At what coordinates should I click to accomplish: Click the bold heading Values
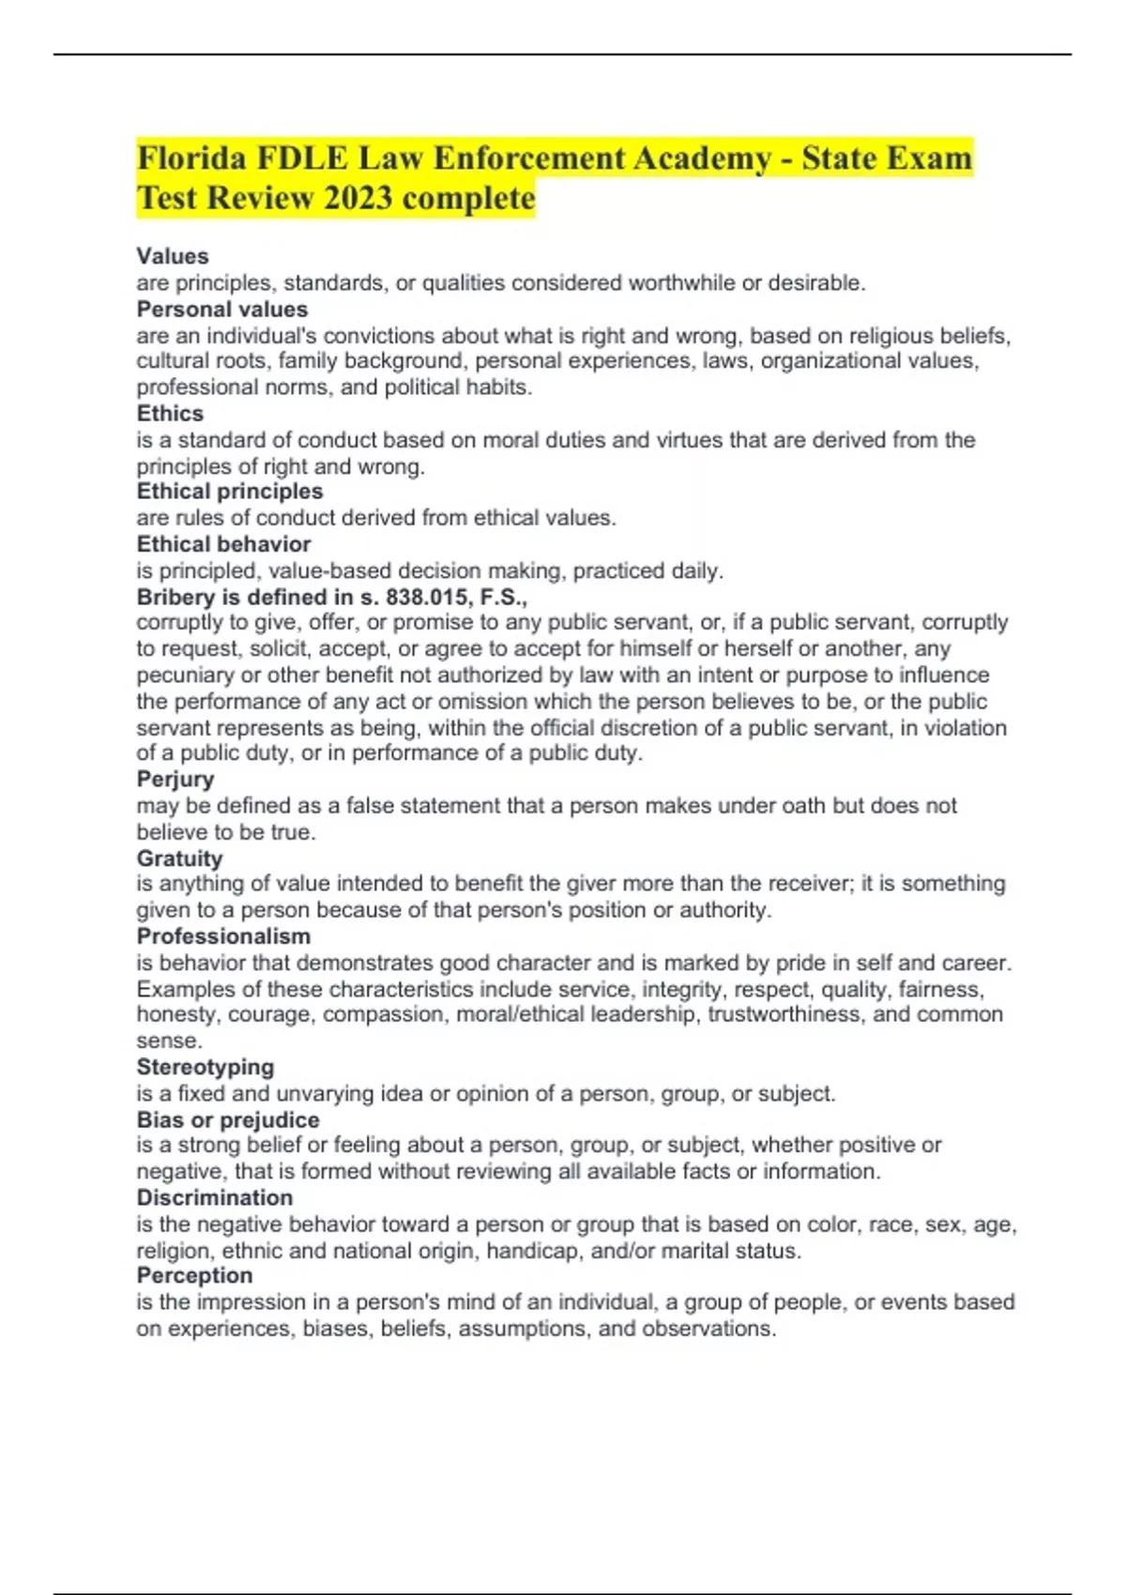pyautogui.click(x=173, y=256)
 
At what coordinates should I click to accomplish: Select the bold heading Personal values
pyautogui.click(x=222, y=309)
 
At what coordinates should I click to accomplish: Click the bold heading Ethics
pyautogui.click(x=170, y=413)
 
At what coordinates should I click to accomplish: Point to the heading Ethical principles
pyautogui.click(x=230, y=491)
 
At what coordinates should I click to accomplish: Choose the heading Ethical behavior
pyautogui.click(x=223, y=544)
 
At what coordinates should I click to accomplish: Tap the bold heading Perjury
pyautogui.click(x=175, y=779)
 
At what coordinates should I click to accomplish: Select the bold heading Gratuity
pyautogui.click(x=180, y=858)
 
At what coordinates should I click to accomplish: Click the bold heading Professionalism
pyautogui.click(x=223, y=935)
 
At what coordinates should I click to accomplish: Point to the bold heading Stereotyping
pyautogui.click(x=205, y=1067)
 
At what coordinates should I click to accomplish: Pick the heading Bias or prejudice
pyautogui.click(x=228, y=1119)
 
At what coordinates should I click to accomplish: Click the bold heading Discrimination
pyautogui.click(x=215, y=1197)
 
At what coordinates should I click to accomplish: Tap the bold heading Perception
pyautogui.click(x=195, y=1275)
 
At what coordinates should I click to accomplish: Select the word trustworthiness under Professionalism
pyautogui.click(x=785, y=1014)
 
